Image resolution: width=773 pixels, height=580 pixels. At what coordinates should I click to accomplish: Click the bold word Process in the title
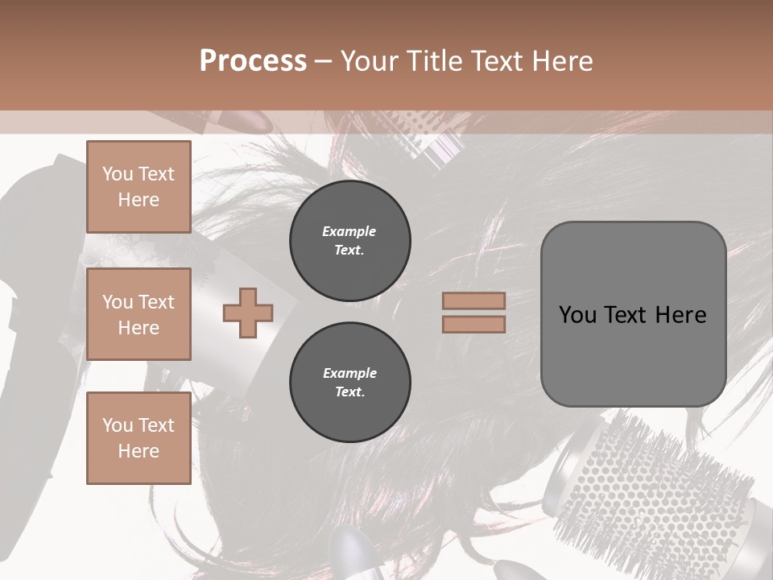click(x=253, y=61)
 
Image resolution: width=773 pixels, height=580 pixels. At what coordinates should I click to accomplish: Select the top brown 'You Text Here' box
click(x=138, y=187)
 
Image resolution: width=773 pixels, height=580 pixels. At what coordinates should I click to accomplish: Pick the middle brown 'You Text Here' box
click(x=138, y=314)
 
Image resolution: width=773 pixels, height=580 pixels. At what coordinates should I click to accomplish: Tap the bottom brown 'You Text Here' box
click(x=138, y=437)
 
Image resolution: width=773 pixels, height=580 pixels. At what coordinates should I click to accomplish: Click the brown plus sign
click(x=248, y=313)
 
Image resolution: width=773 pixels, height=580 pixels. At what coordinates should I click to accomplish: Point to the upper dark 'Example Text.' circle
click(x=349, y=241)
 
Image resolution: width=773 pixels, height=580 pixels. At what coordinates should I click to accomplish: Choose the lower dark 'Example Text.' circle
click(x=349, y=383)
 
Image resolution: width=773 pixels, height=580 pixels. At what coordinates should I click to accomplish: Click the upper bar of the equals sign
click(x=473, y=300)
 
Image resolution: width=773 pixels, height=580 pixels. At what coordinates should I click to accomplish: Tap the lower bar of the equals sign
click(x=473, y=324)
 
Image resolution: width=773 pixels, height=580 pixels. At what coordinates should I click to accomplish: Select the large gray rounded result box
click(x=633, y=354)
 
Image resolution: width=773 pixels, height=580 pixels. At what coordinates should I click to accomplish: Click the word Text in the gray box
click(x=631, y=315)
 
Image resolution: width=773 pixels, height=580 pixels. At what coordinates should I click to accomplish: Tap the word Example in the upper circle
click(x=349, y=231)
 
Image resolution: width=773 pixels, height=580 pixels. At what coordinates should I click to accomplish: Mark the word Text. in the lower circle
click(x=349, y=392)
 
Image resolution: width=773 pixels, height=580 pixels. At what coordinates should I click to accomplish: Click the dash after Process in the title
click(x=323, y=61)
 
